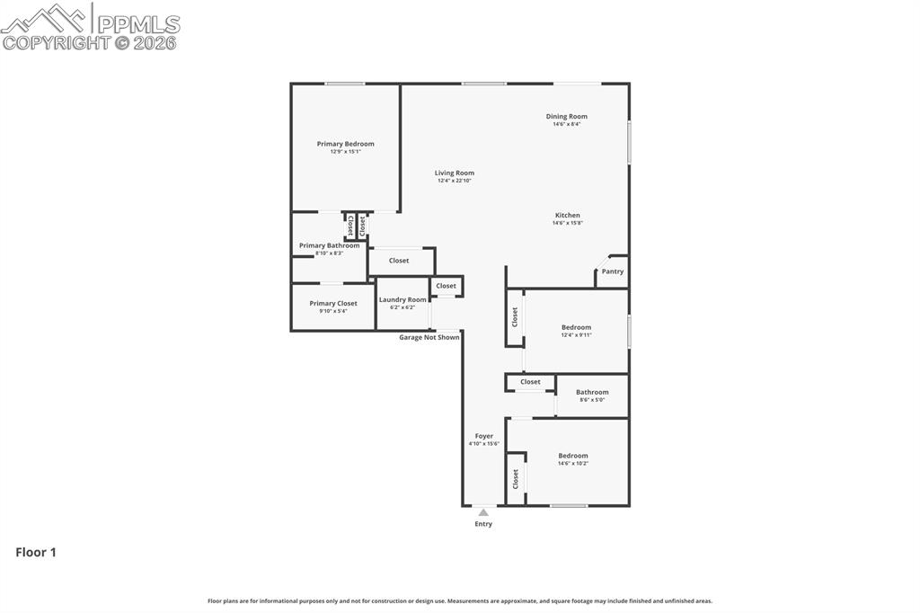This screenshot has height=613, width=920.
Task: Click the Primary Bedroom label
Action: (345, 144)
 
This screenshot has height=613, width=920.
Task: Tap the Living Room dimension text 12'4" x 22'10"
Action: (454, 181)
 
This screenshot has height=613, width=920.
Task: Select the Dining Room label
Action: (566, 116)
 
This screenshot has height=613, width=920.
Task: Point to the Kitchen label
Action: (567, 215)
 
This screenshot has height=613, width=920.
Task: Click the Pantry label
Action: (612, 271)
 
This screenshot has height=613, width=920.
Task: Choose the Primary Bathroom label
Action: (329, 245)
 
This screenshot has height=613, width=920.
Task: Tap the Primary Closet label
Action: (332, 304)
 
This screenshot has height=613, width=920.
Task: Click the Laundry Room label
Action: (402, 299)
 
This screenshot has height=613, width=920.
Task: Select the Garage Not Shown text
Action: (429, 337)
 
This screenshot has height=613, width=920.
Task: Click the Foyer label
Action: (483, 436)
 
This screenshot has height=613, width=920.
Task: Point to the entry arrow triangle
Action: (483, 512)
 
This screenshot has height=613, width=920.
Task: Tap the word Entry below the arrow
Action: (483, 524)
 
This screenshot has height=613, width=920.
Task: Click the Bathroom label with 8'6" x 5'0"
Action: (591, 392)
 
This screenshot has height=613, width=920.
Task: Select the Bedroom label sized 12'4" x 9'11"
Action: (576, 327)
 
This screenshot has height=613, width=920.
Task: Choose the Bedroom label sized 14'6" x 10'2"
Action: (572, 456)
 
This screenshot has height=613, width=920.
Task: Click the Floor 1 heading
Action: (36, 553)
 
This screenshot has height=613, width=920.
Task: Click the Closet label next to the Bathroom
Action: (530, 382)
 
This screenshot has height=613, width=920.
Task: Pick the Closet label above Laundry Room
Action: (399, 261)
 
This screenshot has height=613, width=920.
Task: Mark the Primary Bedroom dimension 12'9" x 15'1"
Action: (345, 152)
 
